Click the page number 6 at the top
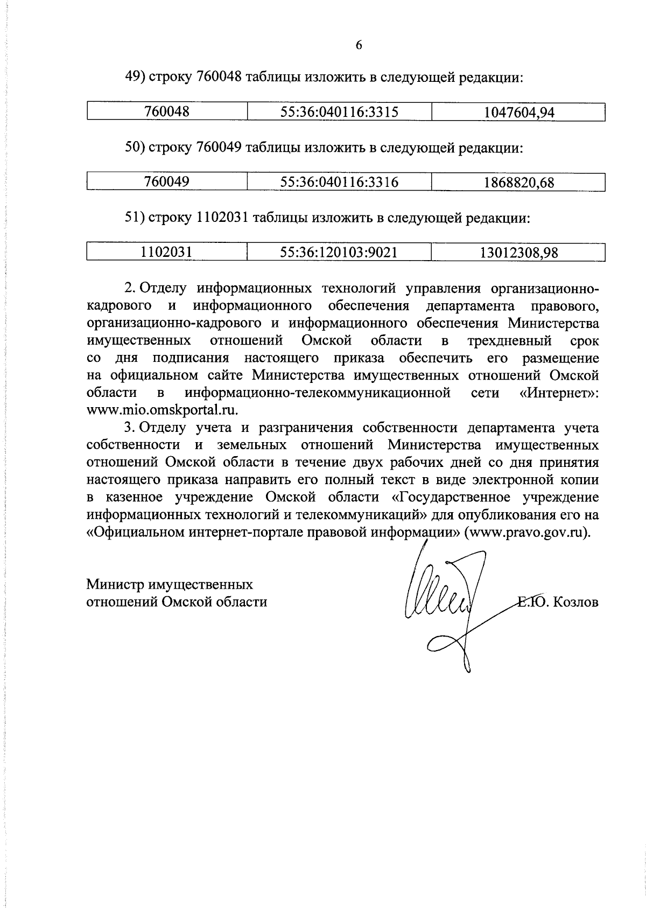pyautogui.click(x=359, y=46)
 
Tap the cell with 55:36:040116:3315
pyautogui.click(x=339, y=112)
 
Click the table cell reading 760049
pyautogui.click(x=167, y=182)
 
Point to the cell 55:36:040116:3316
pyautogui.click(x=339, y=182)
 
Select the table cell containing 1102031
pyautogui.click(x=167, y=252)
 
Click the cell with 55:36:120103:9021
pyautogui.click(x=339, y=252)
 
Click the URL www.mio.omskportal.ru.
pyautogui.click(x=162, y=410)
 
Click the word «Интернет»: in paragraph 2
pyautogui.click(x=559, y=393)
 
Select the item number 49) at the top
pyautogui.click(x=135, y=78)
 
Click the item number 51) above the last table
pyautogui.click(x=135, y=218)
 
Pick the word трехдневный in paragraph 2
pyautogui.click(x=509, y=340)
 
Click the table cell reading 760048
pyautogui.click(x=167, y=112)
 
